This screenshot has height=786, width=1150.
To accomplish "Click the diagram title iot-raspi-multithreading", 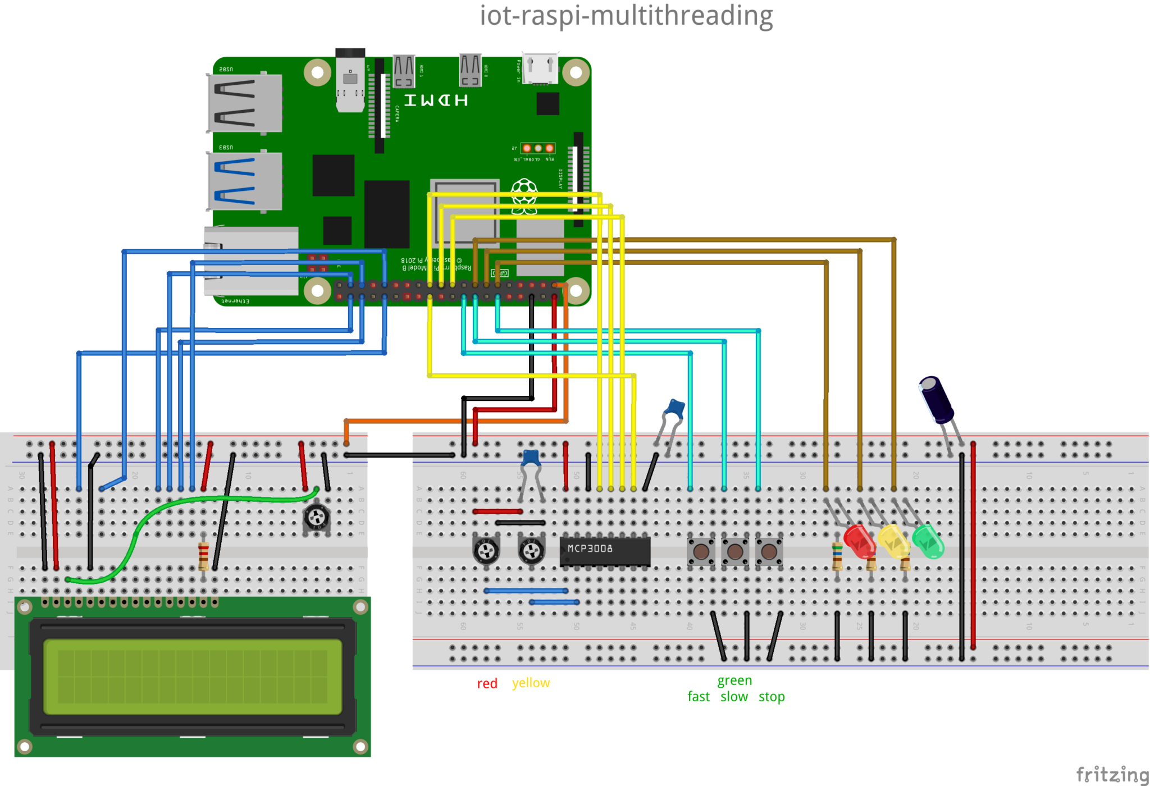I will point(626,16).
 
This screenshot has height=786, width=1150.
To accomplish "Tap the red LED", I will point(859,540).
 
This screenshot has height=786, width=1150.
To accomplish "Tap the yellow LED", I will point(893,541).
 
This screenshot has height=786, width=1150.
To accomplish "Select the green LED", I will point(928,541).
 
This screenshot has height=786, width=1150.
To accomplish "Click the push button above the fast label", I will point(701,551).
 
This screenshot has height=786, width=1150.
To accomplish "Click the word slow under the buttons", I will point(734,697).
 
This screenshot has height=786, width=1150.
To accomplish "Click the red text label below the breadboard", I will point(487,684).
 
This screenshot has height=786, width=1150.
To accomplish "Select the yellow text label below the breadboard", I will point(531,683).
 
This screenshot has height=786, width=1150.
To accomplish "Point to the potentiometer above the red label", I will point(486,551).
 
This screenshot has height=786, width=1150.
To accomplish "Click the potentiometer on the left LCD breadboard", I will point(316,517).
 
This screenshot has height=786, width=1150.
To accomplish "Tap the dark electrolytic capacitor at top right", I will point(936,400).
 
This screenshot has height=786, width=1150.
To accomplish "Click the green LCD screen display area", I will point(193,677).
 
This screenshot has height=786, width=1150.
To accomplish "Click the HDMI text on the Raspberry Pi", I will point(436,100).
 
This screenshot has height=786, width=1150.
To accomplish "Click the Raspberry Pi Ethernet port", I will point(251,261).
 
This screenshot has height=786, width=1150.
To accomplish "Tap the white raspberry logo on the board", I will point(524,195).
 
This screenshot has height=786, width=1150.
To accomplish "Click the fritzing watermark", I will point(1111,774).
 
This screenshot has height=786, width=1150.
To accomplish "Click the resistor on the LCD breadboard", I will point(203,556).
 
